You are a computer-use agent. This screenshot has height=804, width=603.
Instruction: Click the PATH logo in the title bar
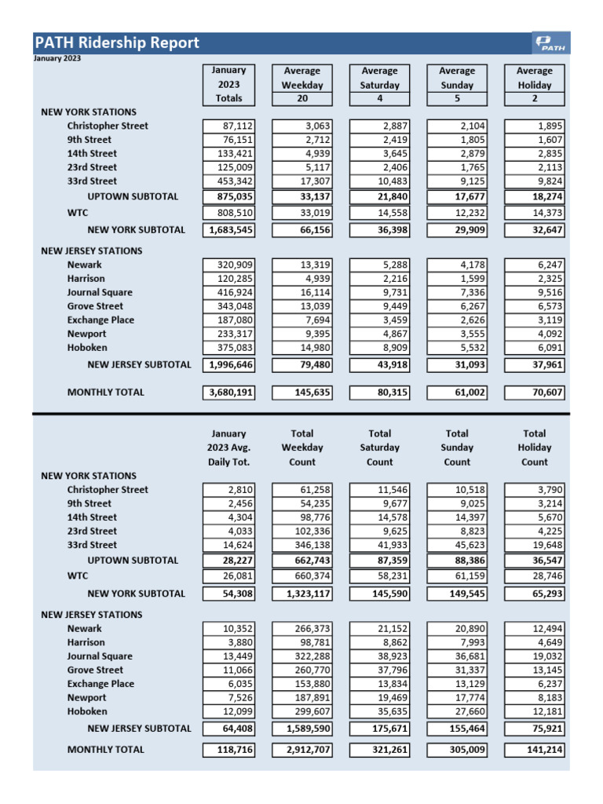(552, 43)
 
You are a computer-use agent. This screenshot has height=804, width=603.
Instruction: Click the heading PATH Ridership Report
(116, 43)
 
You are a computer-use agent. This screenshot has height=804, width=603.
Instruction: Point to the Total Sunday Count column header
(457, 448)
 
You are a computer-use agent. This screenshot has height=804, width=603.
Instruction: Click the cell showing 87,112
(229, 126)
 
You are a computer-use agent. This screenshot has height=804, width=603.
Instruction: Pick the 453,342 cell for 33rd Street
(229, 181)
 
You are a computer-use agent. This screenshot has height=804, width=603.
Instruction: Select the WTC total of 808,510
(229, 213)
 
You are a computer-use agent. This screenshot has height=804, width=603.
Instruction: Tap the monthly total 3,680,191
(228, 393)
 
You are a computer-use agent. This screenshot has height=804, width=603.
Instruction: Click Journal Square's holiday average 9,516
(535, 292)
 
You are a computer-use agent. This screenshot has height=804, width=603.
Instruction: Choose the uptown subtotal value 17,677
(457, 197)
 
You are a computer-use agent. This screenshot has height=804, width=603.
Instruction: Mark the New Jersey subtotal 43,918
(380, 365)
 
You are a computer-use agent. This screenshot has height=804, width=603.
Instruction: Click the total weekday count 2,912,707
(302, 751)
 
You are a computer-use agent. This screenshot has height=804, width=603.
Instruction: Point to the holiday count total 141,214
(535, 751)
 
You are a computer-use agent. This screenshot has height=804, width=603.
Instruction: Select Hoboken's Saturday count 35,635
(380, 711)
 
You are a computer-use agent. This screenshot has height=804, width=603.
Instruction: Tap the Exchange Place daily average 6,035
(229, 684)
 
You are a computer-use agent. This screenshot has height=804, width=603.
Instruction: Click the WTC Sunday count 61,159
(457, 576)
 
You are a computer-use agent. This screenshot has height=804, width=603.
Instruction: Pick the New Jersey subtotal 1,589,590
(302, 729)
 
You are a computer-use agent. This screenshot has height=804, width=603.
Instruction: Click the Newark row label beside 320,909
(84, 265)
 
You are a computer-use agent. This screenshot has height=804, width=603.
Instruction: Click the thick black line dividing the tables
(301, 413)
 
